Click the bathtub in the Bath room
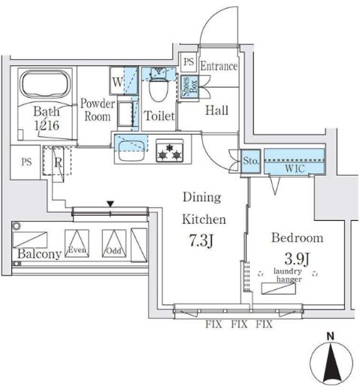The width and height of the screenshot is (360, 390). point(44,89)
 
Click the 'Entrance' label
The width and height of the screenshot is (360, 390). point(219,66)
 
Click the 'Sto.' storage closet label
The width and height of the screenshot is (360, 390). point(251,159)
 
